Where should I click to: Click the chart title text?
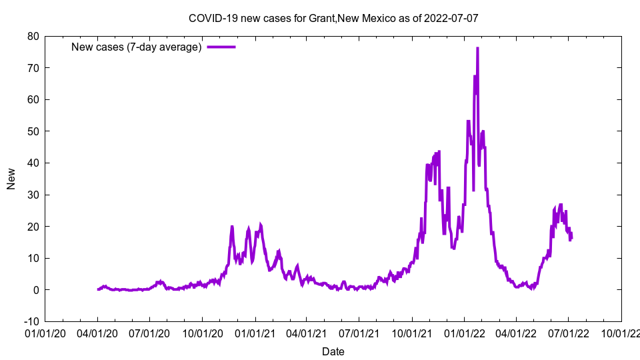pyautogui.click(x=333, y=18)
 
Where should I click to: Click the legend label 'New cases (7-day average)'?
pyautogui.click(x=136, y=47)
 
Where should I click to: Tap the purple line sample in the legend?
pyautogui.click(x=221, y=47)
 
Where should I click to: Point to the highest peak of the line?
pyautogui.click(x=477, y=48)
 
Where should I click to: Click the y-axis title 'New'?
pyautogui.click(x=11, y=179)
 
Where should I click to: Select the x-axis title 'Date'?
pyautogui.click(x=333, y=351)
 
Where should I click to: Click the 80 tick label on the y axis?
pyautogui.click(x=33, y=36)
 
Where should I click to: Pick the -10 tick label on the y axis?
pyautogui.click(x=30, y=321)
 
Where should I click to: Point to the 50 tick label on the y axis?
pyautogui.click(x=33, y=131)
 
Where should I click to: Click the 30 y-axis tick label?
pyautogui.click(x=33, y=195)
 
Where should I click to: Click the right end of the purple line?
pyautogui.click(x=571, y=235)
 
